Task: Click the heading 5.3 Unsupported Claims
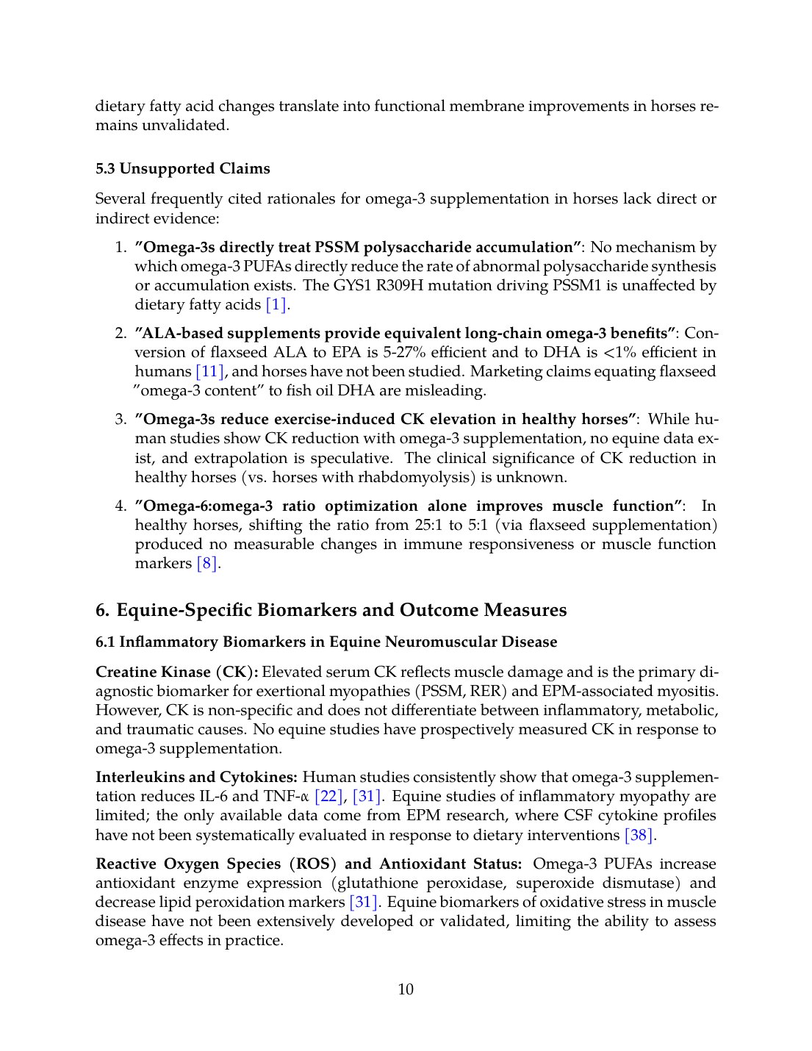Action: (183, 168)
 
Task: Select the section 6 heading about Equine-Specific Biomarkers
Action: (331, 610)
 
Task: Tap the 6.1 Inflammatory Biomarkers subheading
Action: (326, 642)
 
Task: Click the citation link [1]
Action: (276, 304)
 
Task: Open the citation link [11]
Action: (209, 371)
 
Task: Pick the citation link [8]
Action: (206, 563)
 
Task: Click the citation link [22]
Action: (328, 796)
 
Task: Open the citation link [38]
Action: (638, 835)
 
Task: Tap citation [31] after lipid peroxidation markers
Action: (364, 902)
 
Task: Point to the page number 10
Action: (406, 989)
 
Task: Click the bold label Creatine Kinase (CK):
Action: (176, 672)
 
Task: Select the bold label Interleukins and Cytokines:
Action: (196, 777)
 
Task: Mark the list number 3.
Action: (121, 419)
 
